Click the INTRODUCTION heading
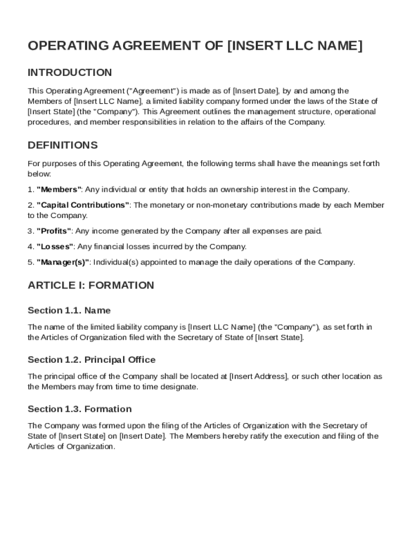click(x=70, y=73)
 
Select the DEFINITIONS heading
click(x=63, y=145)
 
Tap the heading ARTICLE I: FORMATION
click(x=90, y=285)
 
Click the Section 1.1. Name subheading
click(x=69, y=310)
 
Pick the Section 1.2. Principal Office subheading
click(x=91, y=360)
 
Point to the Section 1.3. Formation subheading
click(x=79, y=409)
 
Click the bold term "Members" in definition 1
click(x=59, y=190)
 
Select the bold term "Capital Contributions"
click(x=83, y=205)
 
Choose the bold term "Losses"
click(x=55, y=247)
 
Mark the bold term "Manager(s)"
click(x=63, y=262)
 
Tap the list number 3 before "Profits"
click(x=30, y=231)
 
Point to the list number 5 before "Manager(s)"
click(x=30, y=262)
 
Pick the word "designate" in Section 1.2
click(x=180, y=387)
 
